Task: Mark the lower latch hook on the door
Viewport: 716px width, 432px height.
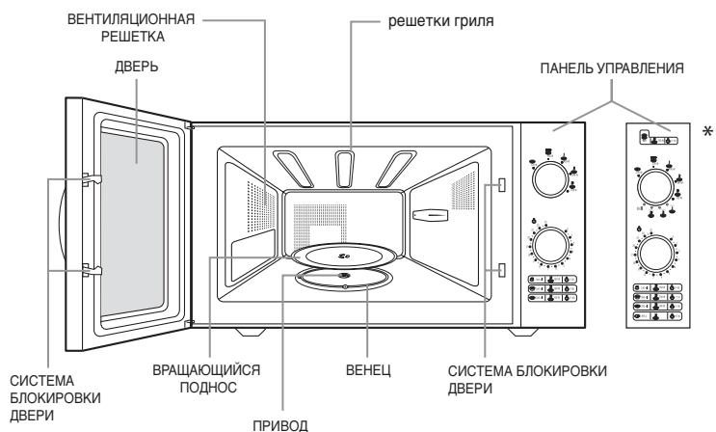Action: (x=88, y=270)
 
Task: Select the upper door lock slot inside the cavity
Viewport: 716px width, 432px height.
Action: (x=501, y=185)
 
